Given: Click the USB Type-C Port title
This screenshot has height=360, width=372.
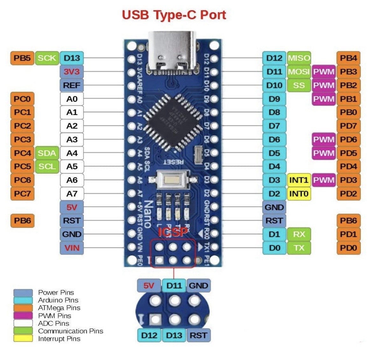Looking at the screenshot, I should pos(174,15).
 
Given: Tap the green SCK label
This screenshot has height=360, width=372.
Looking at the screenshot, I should pos(47,58).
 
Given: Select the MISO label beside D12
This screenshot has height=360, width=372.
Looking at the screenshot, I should pos(299,58).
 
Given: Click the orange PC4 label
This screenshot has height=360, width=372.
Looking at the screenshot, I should pos(22,153).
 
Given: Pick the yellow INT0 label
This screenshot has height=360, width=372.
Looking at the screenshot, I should pos(299,193).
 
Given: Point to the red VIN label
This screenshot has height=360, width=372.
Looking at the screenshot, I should pos(72,248).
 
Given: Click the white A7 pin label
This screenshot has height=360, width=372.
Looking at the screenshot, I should pos(72,193).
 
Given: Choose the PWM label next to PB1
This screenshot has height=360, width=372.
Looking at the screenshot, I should pos(324,99).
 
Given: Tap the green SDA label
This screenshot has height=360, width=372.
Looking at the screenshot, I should pos(47,153).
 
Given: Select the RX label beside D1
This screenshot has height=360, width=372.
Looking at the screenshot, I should pos(299,234).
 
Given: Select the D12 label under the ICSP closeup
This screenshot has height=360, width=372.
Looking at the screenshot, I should pos(149,335).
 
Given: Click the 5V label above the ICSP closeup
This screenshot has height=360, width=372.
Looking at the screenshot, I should pos(149,285).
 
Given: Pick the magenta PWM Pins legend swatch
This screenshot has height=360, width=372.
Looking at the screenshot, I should pos(23,315).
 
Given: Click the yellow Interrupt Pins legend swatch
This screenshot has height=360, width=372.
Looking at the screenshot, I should pos(23,338).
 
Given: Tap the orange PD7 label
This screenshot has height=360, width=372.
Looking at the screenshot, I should pos(348,126).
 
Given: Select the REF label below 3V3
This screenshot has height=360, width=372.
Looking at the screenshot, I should pos(72,85).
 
